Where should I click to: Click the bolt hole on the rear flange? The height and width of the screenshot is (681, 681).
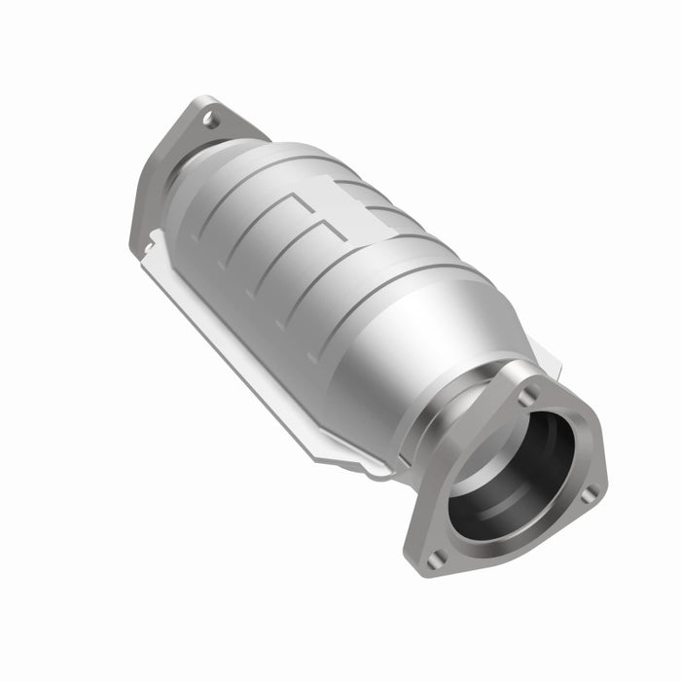(209, 120)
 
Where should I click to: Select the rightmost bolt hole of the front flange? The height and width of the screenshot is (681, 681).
(587, 494)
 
